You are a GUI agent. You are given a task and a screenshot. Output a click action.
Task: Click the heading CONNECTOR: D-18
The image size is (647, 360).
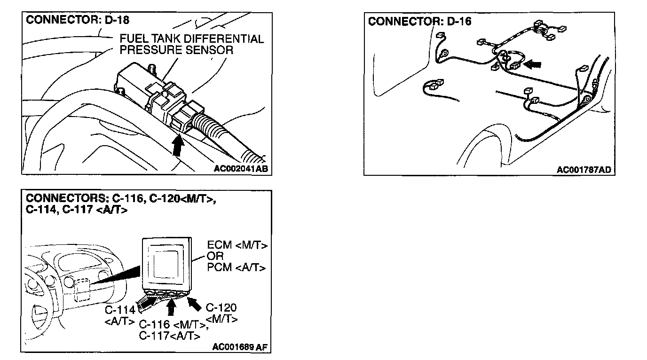click(78, 20)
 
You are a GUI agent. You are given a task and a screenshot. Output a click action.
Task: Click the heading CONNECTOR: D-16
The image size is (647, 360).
click(419, 22)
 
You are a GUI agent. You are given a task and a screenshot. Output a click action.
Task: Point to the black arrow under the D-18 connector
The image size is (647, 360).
click(177, 145)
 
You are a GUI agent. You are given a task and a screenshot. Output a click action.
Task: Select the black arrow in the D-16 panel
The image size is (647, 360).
click(532, 63)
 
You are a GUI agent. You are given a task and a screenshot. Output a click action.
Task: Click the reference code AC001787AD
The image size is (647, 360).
click(584, 170)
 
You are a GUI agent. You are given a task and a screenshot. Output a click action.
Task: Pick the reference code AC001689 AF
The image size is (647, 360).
click(240, 347)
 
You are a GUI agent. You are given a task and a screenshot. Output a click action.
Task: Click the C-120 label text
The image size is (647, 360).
click(221, 308)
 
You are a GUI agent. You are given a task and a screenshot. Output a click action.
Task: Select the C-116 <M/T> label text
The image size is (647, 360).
click(173, 325)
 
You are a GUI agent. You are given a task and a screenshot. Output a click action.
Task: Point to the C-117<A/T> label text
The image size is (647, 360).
click(169, 336)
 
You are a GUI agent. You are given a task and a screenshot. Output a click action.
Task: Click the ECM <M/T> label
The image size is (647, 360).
click(237, 245)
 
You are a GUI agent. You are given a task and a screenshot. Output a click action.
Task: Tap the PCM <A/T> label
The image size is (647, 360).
click(237, 267)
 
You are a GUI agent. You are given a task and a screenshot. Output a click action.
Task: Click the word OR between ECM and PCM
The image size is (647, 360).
click(215, 257)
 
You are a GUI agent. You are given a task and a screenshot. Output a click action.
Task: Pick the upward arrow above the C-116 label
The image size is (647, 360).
click(171, 307)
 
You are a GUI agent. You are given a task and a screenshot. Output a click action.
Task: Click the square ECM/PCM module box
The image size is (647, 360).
click(167, 264)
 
